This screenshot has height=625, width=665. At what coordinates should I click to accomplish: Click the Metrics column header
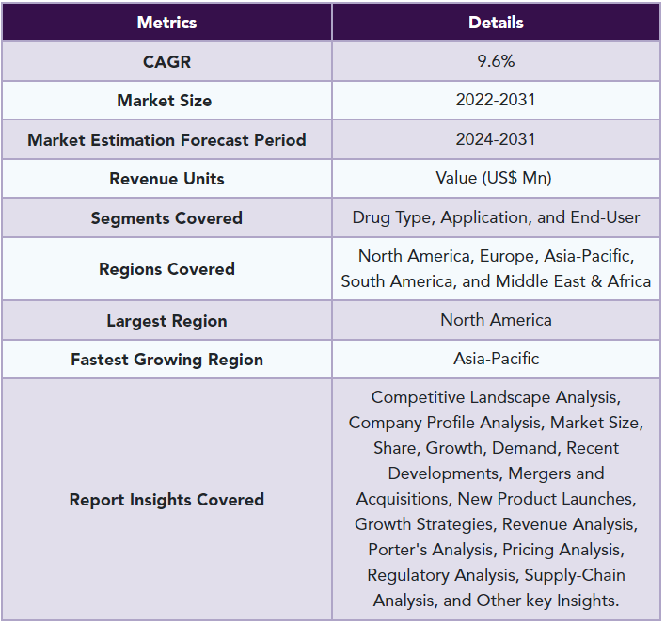pos(166,23)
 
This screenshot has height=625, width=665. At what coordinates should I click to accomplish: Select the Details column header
pos(496,23)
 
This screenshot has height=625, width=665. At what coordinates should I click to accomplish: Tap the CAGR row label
pos(166,62)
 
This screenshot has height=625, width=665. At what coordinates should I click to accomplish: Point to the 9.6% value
pos(496,61)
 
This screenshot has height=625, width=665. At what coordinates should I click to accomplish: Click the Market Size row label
pos(164,101)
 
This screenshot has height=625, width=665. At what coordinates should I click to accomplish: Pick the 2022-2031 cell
pos(496,100)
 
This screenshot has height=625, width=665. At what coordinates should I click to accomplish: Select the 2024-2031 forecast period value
pos(496,139)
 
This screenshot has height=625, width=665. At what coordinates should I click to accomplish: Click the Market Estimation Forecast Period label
pos(166,140)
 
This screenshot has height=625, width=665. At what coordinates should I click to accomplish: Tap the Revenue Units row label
pos(166,179)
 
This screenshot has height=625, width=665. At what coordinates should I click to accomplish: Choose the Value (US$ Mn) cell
pos(494,178)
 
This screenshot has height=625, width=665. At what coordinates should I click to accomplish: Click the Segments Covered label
pos(166,218)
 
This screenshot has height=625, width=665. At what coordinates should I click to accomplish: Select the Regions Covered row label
pos(166,269)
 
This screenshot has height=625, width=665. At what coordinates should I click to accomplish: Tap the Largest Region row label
pos(166,321)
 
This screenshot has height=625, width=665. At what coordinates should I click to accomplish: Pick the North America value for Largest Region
pos(496,320)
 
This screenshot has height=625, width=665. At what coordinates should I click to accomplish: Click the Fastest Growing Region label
pos(166,360)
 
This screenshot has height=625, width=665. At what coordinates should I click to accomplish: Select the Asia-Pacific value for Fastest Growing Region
pos(496,359)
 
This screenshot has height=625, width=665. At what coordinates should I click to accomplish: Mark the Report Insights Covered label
pos(166,500)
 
